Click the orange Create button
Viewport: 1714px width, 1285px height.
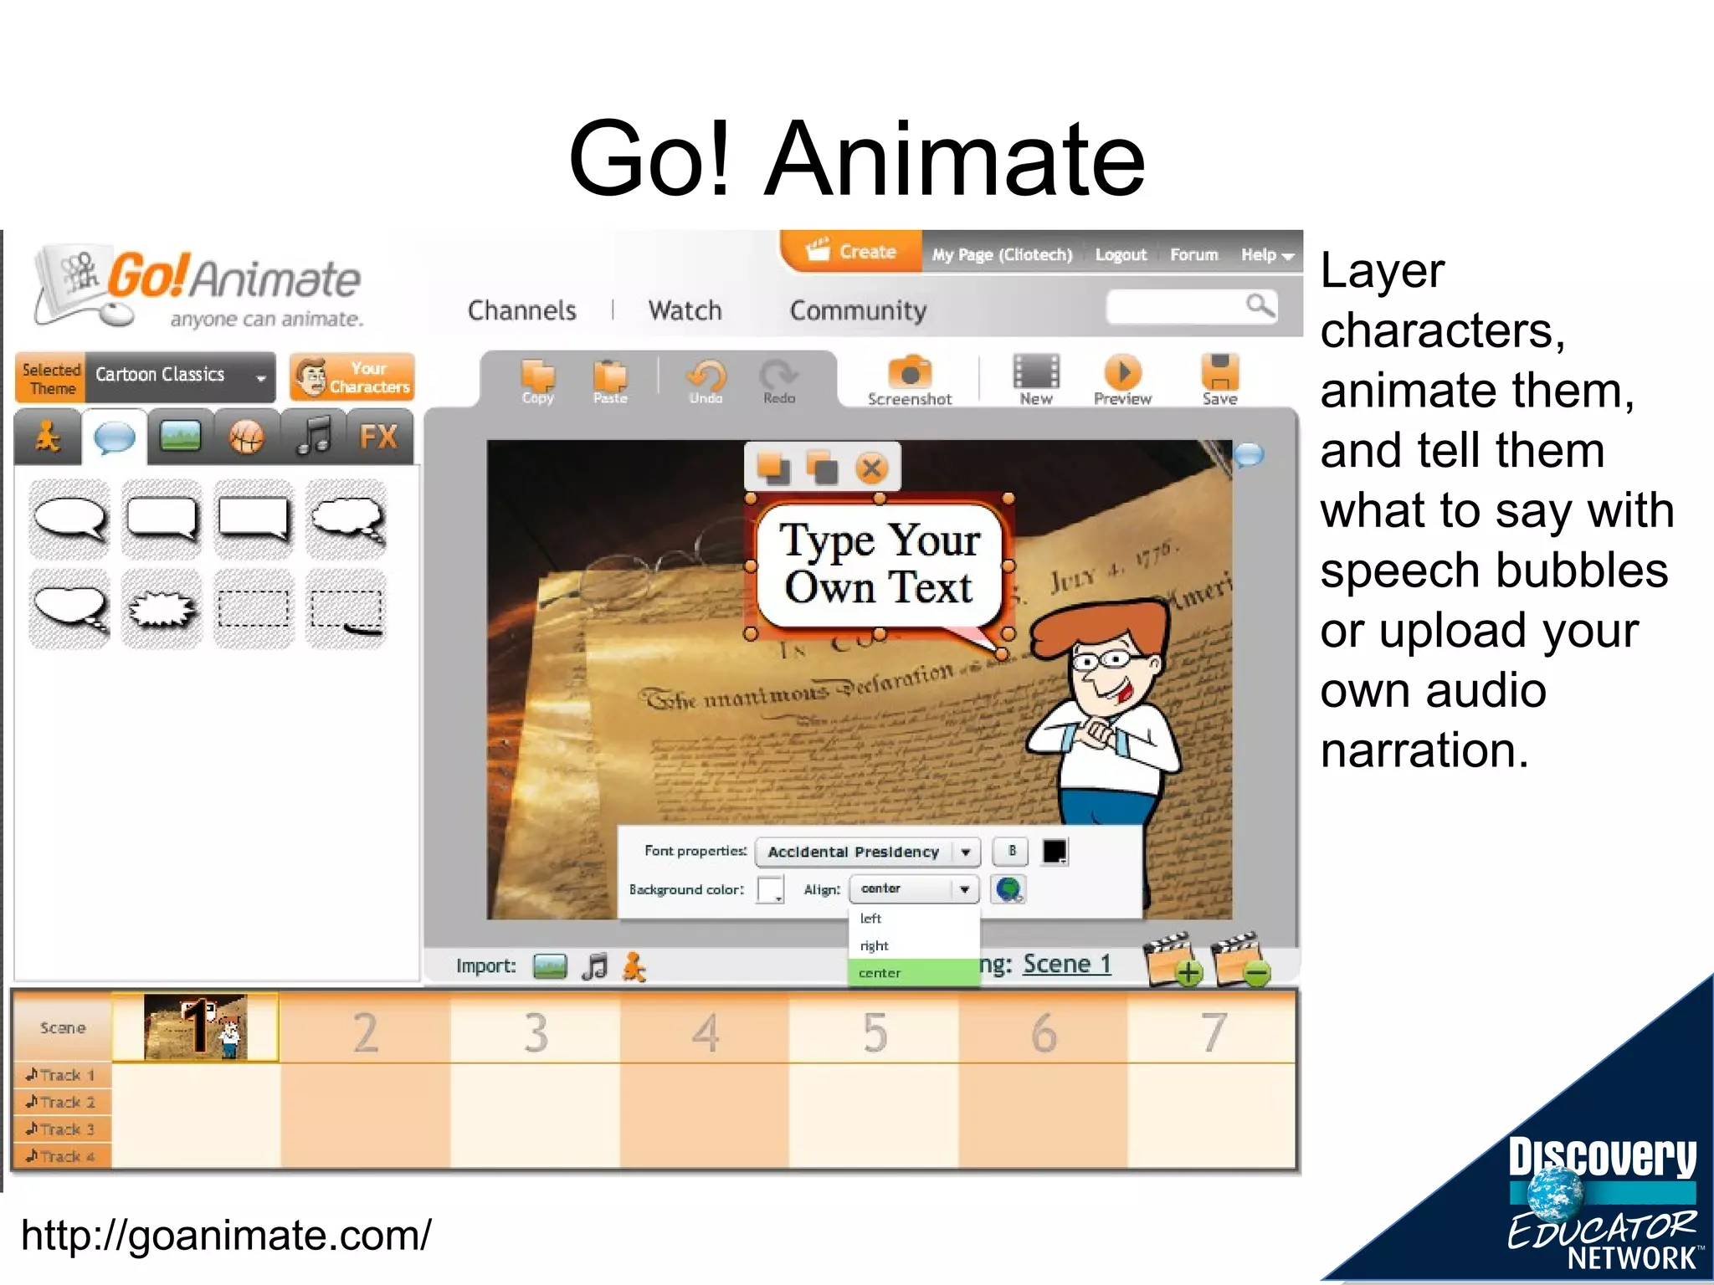851,252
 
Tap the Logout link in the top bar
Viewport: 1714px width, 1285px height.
1121,254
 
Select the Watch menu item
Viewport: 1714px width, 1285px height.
685,310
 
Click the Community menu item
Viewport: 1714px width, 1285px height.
858,310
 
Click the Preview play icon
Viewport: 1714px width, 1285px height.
1122,372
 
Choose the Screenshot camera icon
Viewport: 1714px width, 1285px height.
910,372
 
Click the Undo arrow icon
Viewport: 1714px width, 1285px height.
706,376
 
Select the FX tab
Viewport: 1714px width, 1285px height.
378,437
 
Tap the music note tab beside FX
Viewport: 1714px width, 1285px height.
314,437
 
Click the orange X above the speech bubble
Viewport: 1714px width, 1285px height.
872,468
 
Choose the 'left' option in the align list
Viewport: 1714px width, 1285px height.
871,919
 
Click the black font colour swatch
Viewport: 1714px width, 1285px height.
1055,852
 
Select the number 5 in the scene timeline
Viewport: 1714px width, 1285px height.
875,1032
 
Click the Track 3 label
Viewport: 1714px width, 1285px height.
62,1129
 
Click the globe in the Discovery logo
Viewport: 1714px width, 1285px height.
1555,1192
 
